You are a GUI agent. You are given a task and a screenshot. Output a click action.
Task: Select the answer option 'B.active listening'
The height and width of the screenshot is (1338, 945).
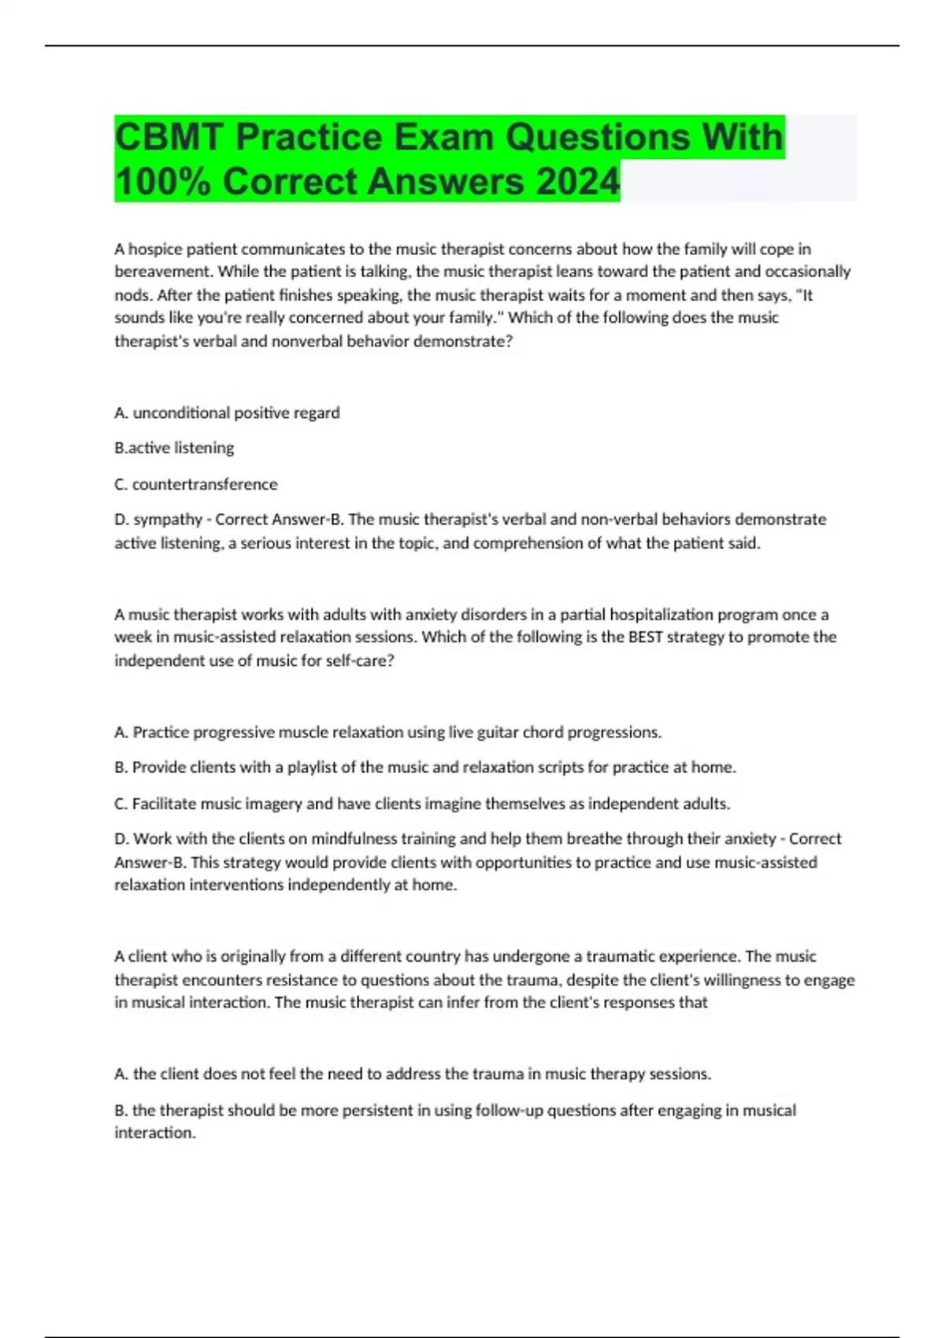point(174,448)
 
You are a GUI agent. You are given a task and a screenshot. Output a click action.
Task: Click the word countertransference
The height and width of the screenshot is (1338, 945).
point(205,484)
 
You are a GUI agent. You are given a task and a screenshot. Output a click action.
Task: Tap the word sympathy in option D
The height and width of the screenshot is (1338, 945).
point(168,519)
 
